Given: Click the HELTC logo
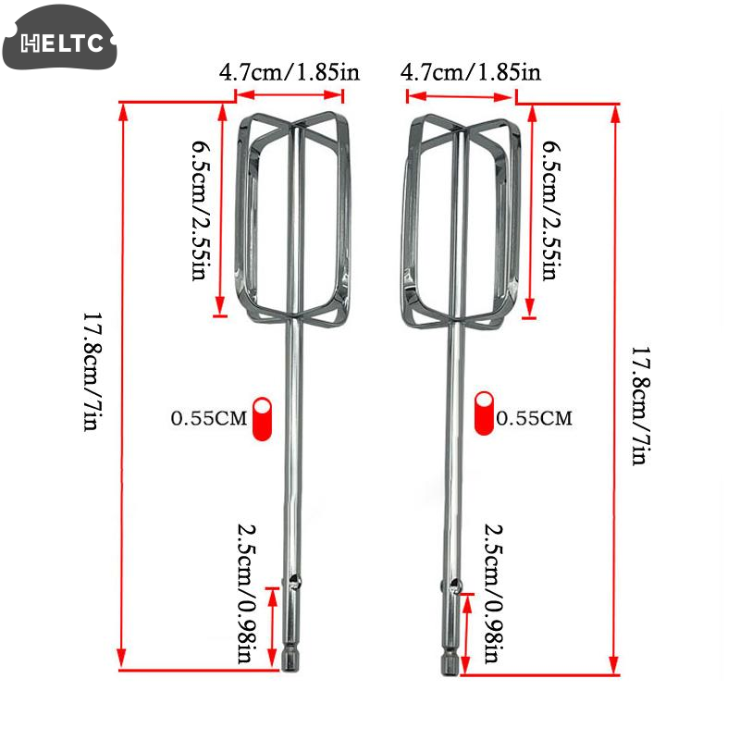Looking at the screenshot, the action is click(x=59, y=38).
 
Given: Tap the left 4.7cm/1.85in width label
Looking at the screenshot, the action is click(x=290, y=72).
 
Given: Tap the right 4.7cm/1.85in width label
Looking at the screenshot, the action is click(x=471, y=72).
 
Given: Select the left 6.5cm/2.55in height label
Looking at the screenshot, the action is click(x=201, y=210).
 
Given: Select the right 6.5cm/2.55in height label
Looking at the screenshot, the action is click(x=551, y=210).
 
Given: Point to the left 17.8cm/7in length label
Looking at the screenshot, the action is click(x=92, y=371).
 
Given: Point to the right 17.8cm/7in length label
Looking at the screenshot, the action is click(x=641, y=406).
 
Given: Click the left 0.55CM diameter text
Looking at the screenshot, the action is click(x=209, y=419).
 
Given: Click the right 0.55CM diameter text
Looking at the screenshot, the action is click(x=535, y=418).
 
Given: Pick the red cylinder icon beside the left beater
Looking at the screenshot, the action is click(x=263, y=419).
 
